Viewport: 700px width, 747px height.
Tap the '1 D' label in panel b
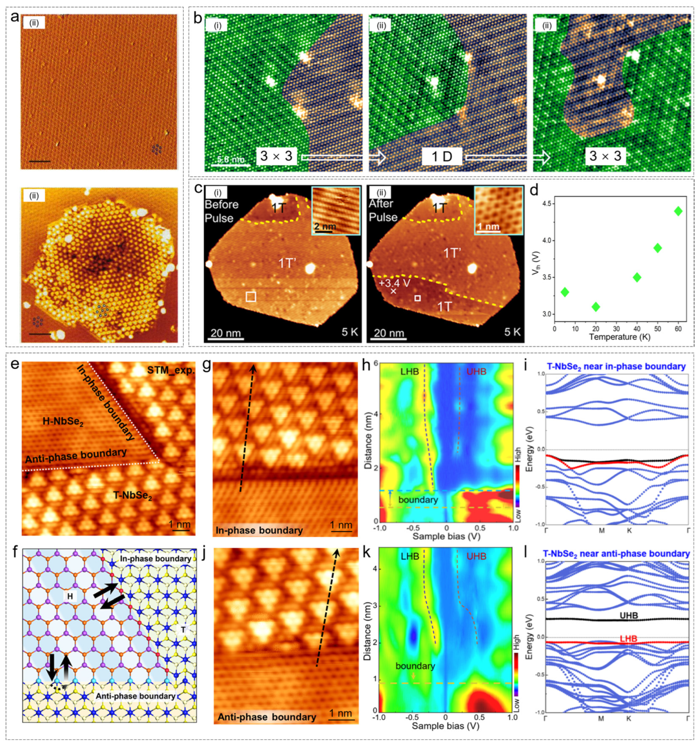point(442,156)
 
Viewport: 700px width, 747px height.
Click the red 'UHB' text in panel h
point(476,372)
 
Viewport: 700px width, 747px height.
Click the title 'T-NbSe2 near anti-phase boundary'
point(616,554)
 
